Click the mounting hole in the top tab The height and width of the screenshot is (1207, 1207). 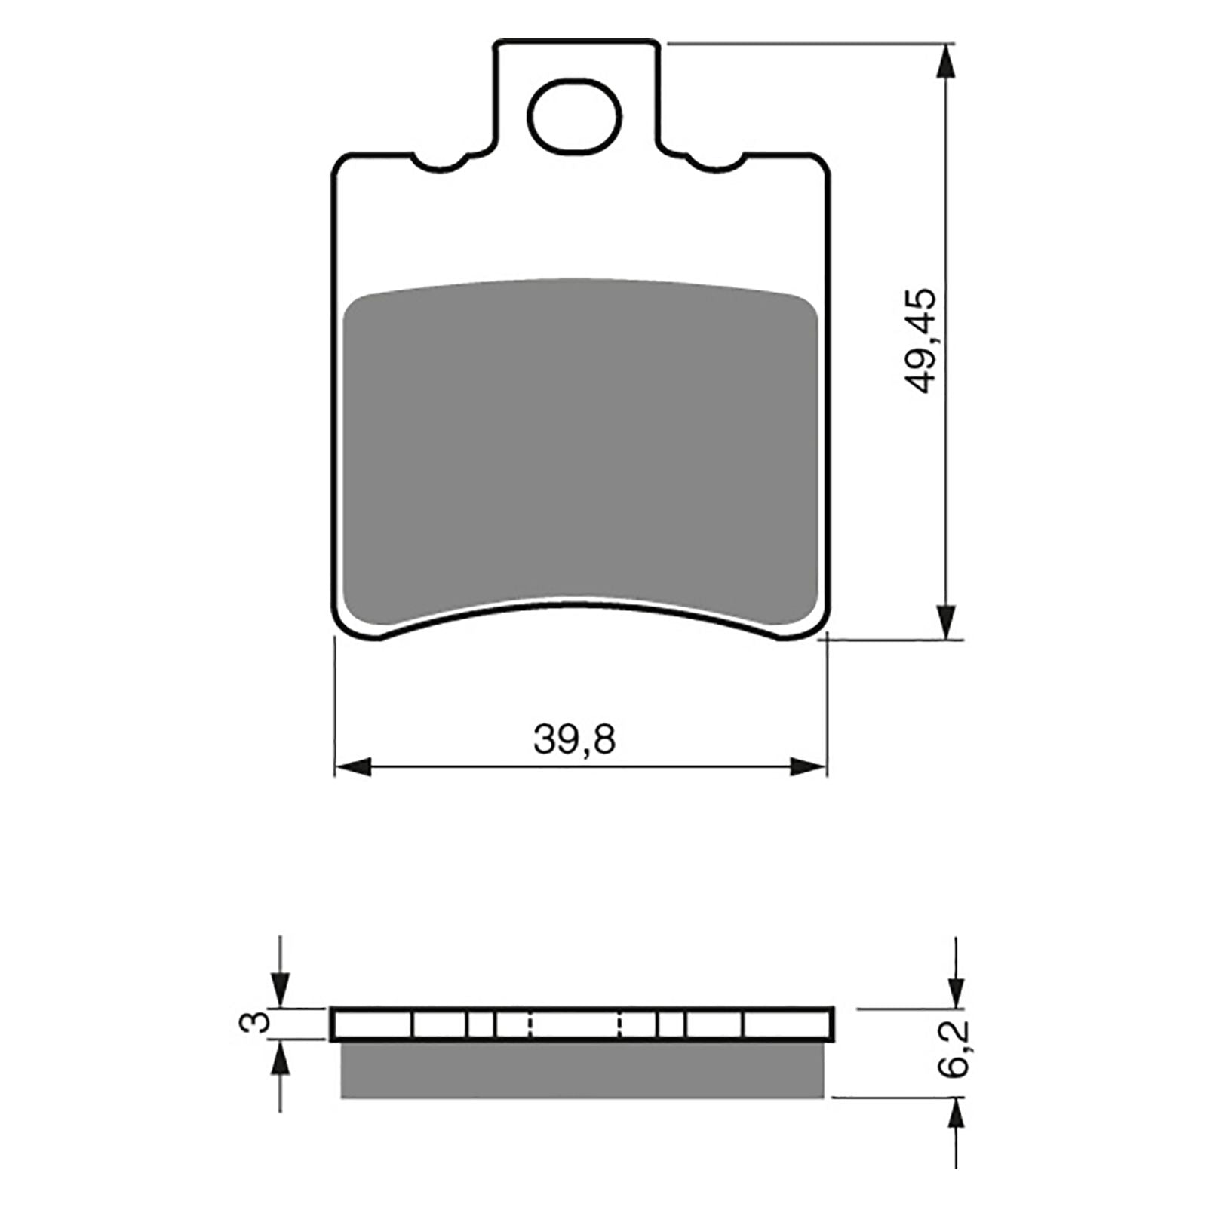575,116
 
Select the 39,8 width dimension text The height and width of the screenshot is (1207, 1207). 575,740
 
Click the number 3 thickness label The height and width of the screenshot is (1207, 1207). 258,1023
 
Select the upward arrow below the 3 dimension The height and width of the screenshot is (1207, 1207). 280,1061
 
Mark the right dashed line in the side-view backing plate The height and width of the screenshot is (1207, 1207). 620,1024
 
